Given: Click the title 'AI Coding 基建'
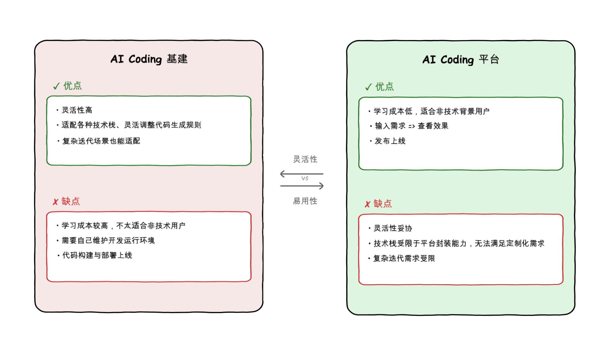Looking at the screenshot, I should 149,59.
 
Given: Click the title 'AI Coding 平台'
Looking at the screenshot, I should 461,60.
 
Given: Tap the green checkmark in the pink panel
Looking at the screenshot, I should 56,86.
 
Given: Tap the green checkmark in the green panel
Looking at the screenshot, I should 368,87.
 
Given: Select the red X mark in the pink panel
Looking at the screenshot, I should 56,202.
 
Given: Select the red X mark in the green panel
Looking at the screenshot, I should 368,204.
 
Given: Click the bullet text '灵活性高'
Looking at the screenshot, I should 77,110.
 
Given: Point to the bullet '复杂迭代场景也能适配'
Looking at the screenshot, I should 101,141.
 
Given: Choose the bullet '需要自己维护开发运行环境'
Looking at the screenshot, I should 108,240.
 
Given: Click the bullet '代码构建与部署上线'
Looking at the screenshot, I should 97,255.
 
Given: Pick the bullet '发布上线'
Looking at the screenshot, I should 390,141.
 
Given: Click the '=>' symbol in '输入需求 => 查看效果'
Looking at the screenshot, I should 412,126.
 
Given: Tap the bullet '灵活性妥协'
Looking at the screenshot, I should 393,228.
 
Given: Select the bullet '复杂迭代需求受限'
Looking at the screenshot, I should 404,258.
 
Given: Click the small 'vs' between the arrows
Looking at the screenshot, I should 305,178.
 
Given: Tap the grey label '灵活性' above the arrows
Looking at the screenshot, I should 305,159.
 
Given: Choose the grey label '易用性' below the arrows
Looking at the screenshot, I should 305,201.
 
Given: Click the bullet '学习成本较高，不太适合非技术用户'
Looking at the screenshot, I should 123,226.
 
